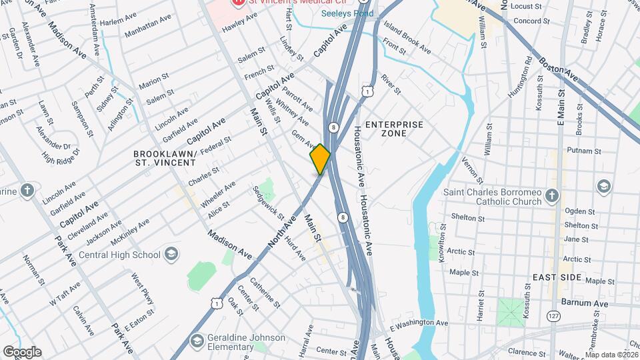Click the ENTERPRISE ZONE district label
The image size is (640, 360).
tap(395, 129)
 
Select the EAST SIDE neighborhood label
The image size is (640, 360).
tap(557, 277)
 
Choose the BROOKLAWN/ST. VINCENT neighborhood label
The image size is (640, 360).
tap(165, 157)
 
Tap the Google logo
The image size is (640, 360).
tap(21, 351)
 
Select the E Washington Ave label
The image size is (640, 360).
tap(419, 323)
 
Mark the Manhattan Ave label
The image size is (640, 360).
tap(147, 27)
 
